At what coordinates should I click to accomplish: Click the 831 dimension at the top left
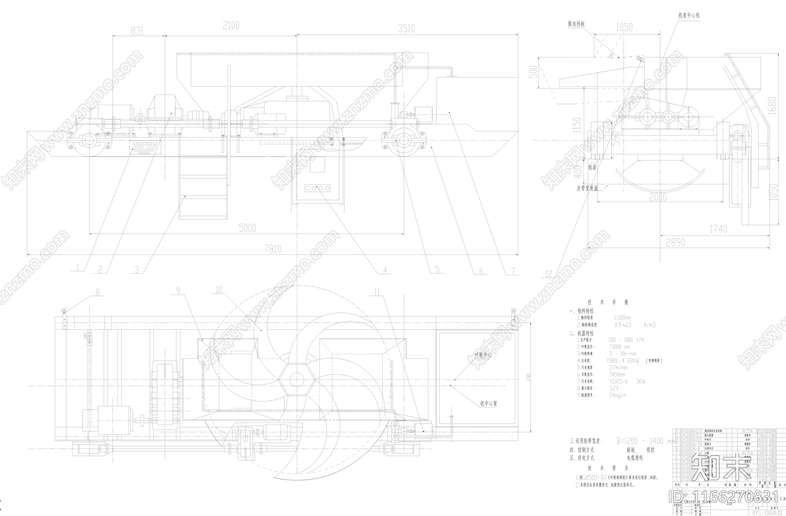(138, 31)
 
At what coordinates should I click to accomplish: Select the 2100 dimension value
(231, 25)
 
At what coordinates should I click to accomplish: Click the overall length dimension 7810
(272, 249)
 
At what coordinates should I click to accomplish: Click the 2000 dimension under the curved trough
(657, 197)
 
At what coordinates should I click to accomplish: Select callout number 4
(385, 270)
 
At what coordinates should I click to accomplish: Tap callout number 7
(513, 270)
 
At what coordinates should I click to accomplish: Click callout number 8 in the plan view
(97, 291)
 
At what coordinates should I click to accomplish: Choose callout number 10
(219, 290)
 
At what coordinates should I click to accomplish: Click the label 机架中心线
(689, 15)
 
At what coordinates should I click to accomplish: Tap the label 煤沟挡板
(575, 24)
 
